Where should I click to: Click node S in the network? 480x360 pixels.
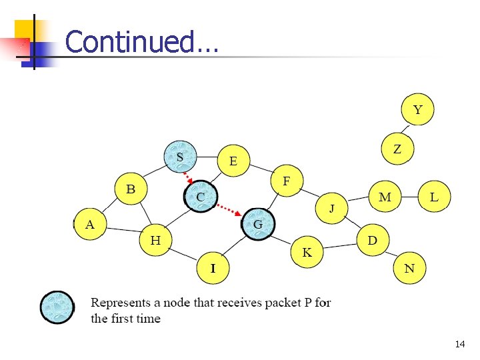tap(181, 157)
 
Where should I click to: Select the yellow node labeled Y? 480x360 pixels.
tap(417, 110)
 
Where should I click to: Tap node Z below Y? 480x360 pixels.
tap(397, 149)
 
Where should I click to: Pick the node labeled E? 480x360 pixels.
tap(234, 161)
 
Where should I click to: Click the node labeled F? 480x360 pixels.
tap(287, 181)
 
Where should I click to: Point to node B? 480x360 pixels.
tap(131, 190)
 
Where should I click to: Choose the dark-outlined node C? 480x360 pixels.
tap(200, 197)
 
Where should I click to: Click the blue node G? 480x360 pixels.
tap(258, 224)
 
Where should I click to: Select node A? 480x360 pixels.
tap(91, 225)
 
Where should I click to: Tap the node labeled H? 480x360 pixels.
tap(155, 240)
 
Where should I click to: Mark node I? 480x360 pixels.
tap(213, 269)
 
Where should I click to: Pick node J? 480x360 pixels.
tap(332, 209)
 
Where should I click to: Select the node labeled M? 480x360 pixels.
tap(385, 197)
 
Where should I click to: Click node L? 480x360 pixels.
tap(434, 197)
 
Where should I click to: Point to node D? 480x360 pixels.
tap(373, 240)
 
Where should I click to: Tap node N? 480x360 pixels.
tap(409, 269)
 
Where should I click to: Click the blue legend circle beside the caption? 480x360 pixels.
tap(57, 307)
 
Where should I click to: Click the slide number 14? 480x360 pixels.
tap(459, 345)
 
